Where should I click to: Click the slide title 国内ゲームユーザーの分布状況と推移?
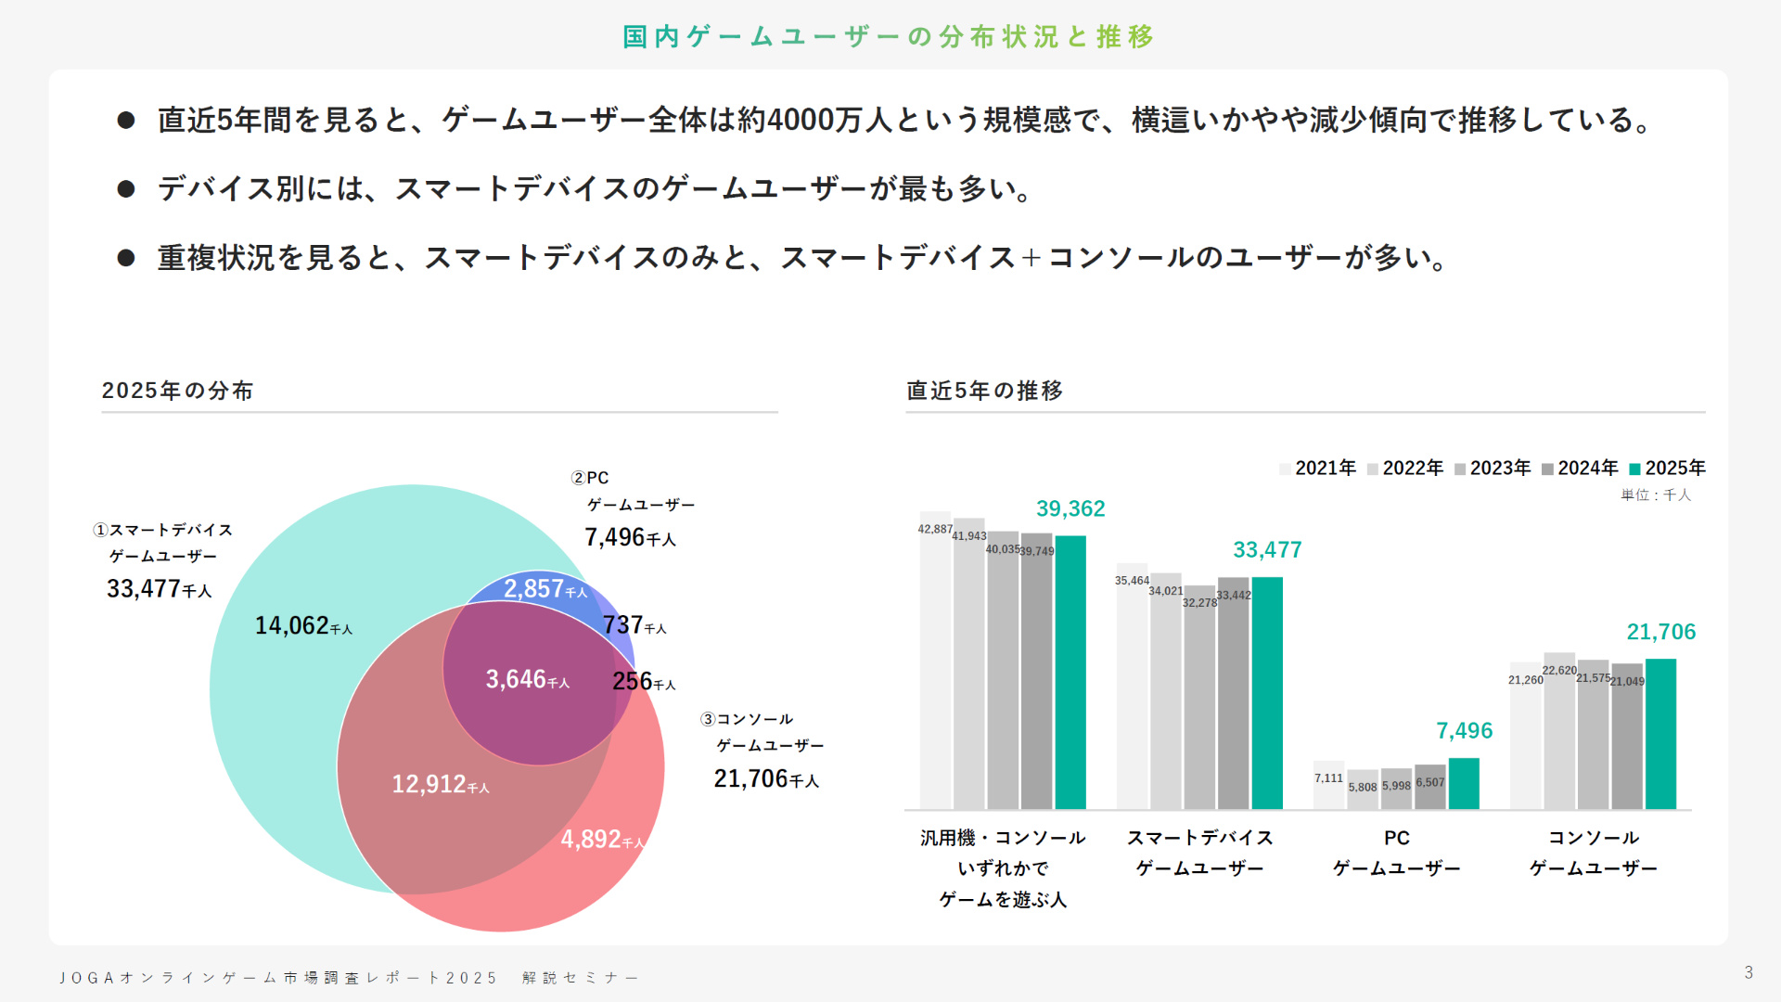coord(889,37)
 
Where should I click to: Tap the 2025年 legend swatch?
coord(1635,469)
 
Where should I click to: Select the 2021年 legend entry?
coord(1317,469)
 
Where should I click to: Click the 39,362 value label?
coord(1070,509)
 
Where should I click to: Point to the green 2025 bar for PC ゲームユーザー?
coord(1464,783)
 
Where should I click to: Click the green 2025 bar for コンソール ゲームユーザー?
coord(1660,733)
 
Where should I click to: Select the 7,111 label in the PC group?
coord(1328,778)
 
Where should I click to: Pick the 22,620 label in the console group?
coord(1559,671)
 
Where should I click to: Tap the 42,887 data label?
coord(935,530)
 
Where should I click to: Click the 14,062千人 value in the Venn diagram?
coord(303,626)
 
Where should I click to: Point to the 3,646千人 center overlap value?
coord(527,680)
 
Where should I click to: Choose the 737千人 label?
coord(634,626)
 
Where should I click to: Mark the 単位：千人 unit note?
coord(1656,495)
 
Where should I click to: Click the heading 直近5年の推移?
coord(984,391)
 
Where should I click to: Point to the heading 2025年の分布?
coord(177,391)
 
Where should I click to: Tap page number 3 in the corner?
coord(1749,972)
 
